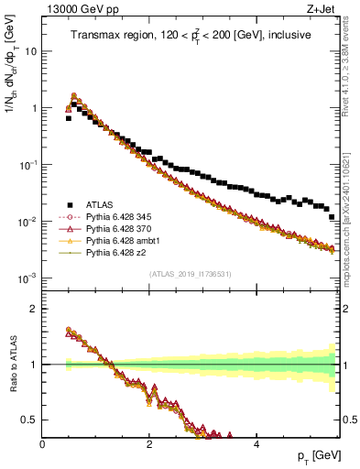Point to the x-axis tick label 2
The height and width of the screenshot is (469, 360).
tap(148, 445)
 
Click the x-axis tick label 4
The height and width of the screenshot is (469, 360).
tap(256, 445)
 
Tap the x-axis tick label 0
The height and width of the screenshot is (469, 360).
tap(42, 445)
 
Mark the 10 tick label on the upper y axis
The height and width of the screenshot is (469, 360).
tap(29, 51)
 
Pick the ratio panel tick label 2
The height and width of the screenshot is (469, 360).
tap(34, 308)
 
